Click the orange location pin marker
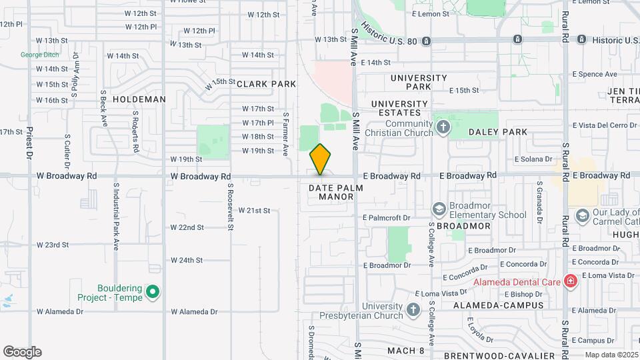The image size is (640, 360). (x=321, y=159)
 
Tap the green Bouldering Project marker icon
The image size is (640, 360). (x=152, y=292)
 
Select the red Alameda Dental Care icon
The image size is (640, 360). (x=570, y=281)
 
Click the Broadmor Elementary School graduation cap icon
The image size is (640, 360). (x=439, y=210)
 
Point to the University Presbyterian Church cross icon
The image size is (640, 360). (x=413, y=309)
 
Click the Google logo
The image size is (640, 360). (x=22, y=352)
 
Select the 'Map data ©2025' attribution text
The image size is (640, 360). (x=611, y=355)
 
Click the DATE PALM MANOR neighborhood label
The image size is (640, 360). (x=336, y=192)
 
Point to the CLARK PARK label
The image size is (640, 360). (x=266, y=84)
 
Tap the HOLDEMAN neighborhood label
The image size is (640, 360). (x=139, y=99)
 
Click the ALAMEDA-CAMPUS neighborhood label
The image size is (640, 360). (x=498, y=305)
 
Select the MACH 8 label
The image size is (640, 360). (x=405, y=350)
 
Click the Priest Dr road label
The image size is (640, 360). (x=29, y=144)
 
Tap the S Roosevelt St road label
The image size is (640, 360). (x=230, y=207)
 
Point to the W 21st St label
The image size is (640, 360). (x=254, y=211)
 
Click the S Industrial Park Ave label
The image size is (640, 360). (x=116, y=217)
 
